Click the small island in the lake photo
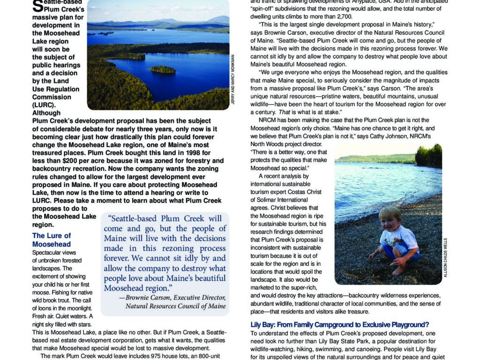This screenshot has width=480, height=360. (x=163, y=69)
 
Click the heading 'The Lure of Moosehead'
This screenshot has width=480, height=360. (x=52, y=240)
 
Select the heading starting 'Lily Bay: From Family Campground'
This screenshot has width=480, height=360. (x=340, y=324)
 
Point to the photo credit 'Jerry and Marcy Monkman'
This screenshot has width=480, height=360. (x=233, y=80)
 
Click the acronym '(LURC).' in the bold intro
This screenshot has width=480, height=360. (x=44, y=105)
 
